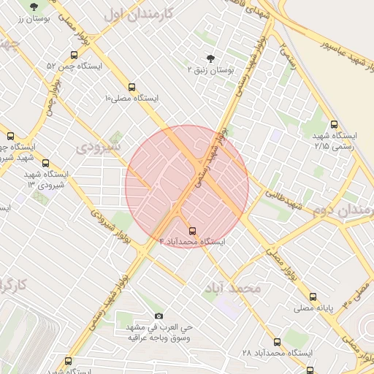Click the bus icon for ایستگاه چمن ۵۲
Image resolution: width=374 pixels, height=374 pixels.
[73, 56]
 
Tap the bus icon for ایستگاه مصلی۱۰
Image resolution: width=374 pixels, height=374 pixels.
[131, 86]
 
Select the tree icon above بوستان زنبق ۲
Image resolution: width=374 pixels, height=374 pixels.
[211, 58]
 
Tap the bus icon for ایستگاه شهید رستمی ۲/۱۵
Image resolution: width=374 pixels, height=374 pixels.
[335, 124]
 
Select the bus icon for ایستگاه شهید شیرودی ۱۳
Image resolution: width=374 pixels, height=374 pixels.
[47, 163]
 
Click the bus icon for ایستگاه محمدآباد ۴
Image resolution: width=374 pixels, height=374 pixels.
[192, 229]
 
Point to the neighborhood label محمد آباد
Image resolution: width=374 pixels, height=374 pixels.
[234, 288]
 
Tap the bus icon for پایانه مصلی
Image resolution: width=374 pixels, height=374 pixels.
[313, 297]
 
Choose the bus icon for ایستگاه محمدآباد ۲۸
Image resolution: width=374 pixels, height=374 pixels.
[276, 342]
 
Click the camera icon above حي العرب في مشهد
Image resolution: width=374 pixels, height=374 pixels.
[159, 316]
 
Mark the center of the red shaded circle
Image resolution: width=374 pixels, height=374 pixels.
[187, 186]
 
